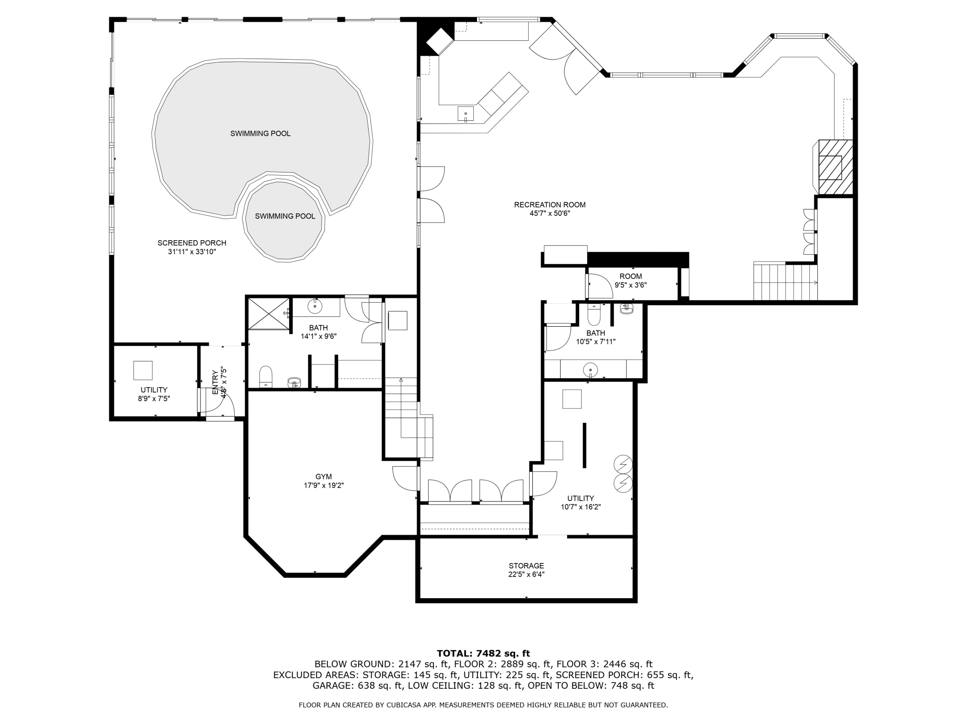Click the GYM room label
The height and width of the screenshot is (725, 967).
click(324, 476)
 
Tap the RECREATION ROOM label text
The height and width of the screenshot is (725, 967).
click(550, 204)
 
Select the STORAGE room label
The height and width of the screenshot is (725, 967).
click(526, 566)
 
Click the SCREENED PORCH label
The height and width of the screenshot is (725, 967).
click(192, 243)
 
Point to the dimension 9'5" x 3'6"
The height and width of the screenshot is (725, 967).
click(630, 285)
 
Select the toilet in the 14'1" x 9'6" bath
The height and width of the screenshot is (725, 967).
click(265, 376)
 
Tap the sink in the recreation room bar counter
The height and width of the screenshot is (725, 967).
click(465, 114)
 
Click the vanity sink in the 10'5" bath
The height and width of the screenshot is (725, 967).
click(590, 369)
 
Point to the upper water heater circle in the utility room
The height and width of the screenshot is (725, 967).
click(623, 464)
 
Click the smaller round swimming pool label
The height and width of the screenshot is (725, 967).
click(285, 216)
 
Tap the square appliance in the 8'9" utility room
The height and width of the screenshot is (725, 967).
click(143, 370)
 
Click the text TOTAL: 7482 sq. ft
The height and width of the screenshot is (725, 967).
click(483, 653)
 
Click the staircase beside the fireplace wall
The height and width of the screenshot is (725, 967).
click(785, 282)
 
